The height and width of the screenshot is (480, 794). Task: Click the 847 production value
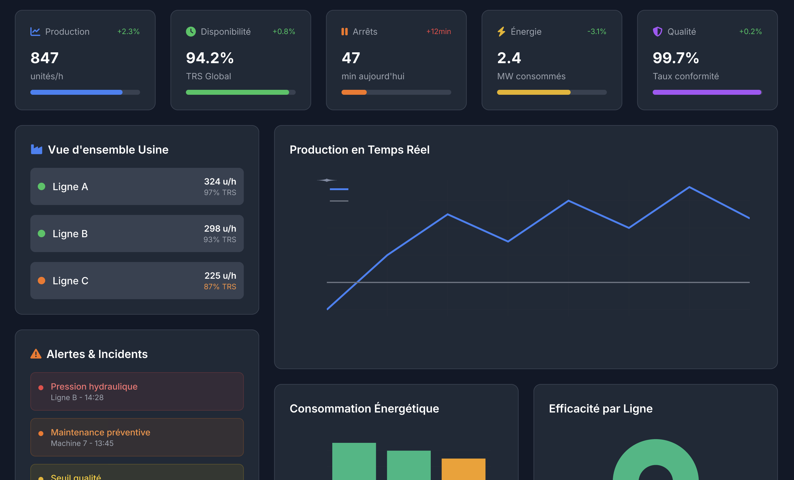click(45, 58)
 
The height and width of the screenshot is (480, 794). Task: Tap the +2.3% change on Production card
click(128, 32)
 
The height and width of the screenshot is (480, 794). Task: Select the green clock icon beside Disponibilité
click(191, 32)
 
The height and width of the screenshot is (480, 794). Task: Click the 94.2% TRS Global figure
click(209, 58)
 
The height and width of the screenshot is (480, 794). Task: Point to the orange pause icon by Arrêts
click(344, 32)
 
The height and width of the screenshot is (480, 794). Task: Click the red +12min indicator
click(438, 32)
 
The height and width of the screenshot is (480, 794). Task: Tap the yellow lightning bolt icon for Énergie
click(501, 32)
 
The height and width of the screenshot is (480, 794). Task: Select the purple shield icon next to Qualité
click(657, 32)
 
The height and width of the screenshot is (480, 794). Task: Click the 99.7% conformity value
click(675, 58)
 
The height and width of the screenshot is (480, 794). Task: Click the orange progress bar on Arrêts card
click(354, 93)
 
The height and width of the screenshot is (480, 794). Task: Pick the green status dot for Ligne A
click(41, 186)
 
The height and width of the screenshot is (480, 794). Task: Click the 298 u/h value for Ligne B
click(220, 229)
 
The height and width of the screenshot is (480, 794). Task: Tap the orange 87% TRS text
click(220, 287)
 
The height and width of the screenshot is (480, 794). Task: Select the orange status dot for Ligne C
click(41, 281)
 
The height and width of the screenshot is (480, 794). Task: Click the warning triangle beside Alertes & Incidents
click(36, 354)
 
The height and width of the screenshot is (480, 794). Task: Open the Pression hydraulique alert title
click(94, 386)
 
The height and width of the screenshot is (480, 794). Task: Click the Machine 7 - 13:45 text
click(82, 443)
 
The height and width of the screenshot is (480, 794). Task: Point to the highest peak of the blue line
click(689, 187)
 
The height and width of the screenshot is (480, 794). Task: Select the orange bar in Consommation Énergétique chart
click(463, 469)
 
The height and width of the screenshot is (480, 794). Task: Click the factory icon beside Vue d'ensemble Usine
click(37, 150)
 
